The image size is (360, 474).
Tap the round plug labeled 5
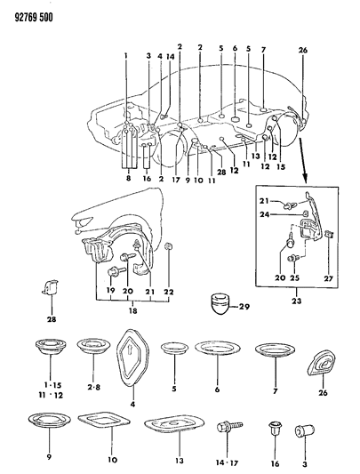[173, 349]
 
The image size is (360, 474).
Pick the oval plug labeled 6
[214, 349]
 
